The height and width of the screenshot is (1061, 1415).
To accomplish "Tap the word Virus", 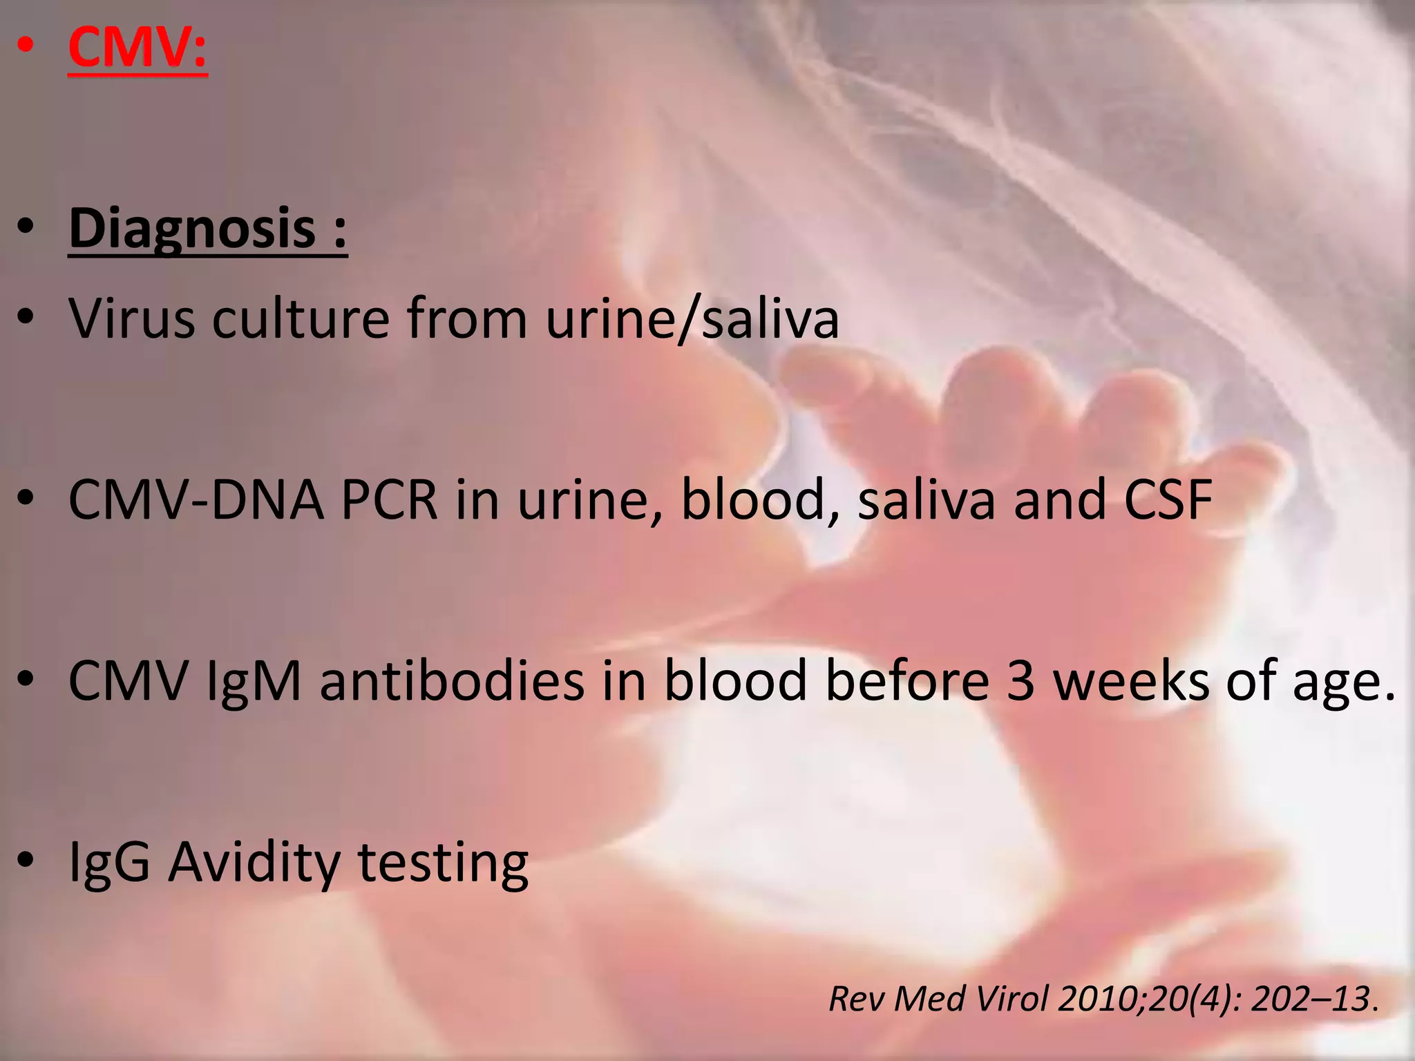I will (x=132, y=318).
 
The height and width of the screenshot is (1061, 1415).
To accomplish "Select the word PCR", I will (x=390, y=499).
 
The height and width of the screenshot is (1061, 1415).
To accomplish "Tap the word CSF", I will (x=1168, y=499).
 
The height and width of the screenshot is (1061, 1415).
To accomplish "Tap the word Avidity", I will (x=254, y=863).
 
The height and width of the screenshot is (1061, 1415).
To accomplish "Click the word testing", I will (x=443, y=864).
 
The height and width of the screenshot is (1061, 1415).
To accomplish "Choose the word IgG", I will (x=109, y=863).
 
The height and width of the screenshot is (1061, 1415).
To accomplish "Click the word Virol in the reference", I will (x=1009, y=999).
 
